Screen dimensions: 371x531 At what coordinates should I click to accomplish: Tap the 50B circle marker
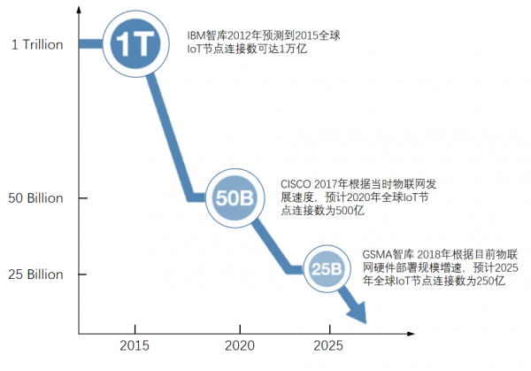pos(235,197)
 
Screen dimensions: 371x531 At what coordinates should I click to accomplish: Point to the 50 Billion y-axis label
pos(36,198)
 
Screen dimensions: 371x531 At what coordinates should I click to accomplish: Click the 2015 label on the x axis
pos(134,346)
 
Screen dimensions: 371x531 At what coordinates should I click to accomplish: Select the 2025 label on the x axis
pos(328,346)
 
